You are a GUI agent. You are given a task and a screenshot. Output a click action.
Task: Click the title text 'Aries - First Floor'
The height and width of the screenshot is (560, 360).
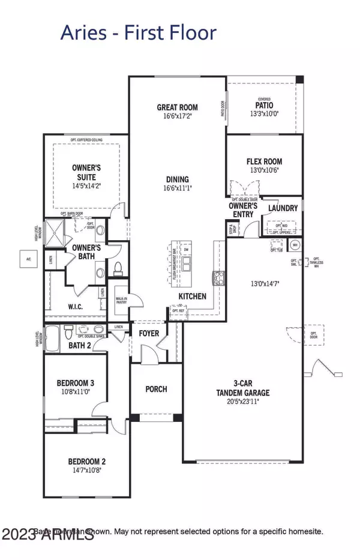point(138,32)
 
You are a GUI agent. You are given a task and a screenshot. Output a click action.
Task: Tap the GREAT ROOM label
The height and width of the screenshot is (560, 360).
point(177,108)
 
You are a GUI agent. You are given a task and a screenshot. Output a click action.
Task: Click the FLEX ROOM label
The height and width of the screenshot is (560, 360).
point(264,161)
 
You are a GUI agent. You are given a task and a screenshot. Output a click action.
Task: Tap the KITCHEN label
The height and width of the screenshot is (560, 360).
point(192,296)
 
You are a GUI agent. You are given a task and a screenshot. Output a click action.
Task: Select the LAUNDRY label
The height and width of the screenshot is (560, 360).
point(283,208)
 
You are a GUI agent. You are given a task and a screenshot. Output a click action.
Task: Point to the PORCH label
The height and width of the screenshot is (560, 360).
point(156,389)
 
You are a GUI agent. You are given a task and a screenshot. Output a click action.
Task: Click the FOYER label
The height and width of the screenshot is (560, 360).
point(148,333)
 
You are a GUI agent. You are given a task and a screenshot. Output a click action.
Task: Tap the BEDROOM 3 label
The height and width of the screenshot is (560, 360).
point(75,383)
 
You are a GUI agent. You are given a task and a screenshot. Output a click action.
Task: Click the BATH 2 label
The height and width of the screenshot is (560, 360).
point(79,345)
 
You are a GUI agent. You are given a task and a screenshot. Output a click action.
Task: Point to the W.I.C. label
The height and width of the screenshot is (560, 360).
point(75,307)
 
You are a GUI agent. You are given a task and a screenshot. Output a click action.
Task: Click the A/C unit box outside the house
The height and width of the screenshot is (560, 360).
point(28,259)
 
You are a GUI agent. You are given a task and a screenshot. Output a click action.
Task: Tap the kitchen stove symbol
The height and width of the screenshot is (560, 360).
point(217,278)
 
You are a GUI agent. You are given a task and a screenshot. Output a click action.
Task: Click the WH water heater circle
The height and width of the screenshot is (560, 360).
point(295,245)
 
